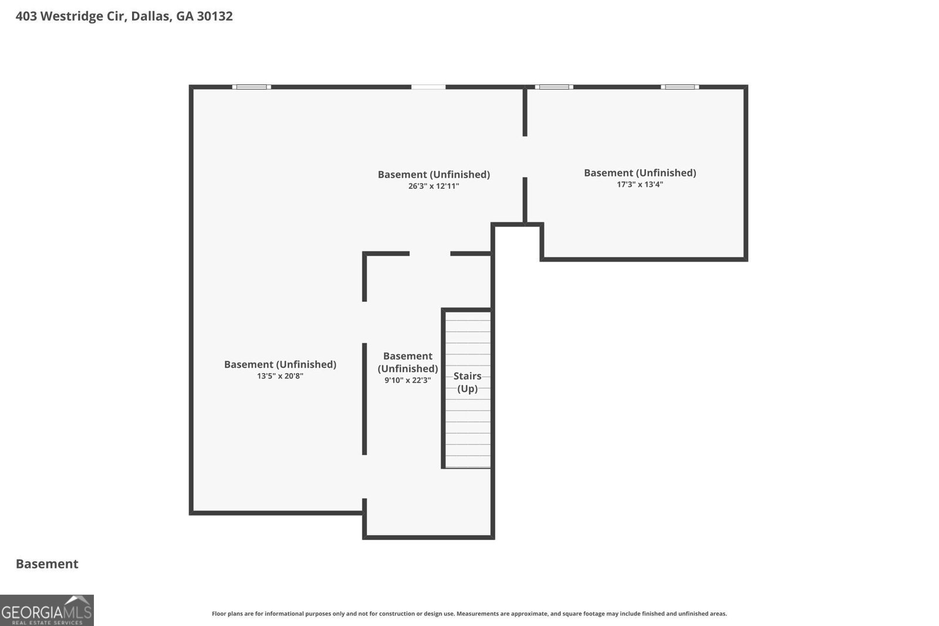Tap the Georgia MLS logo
click(46, 610)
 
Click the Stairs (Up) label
click(467, 382)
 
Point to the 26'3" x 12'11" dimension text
click(434, 186)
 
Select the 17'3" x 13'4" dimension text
click(640, 184)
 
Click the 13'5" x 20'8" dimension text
click(280, 376)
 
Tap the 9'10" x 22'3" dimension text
click(407, 380)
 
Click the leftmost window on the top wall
click(251, 87)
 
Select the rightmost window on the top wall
click(680, 87)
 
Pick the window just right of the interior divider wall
click(553, 87)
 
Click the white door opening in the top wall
click(428, 87)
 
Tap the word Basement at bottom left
click(47, 564)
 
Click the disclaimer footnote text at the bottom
click(469, 614)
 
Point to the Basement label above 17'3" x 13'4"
click(640, 172)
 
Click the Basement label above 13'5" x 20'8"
click(280, 364)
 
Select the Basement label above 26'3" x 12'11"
click(434, 174)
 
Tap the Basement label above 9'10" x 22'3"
click(407, 362)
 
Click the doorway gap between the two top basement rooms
click(525, 157)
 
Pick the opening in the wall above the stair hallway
click(430, 253)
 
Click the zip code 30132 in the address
click(214, 16)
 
